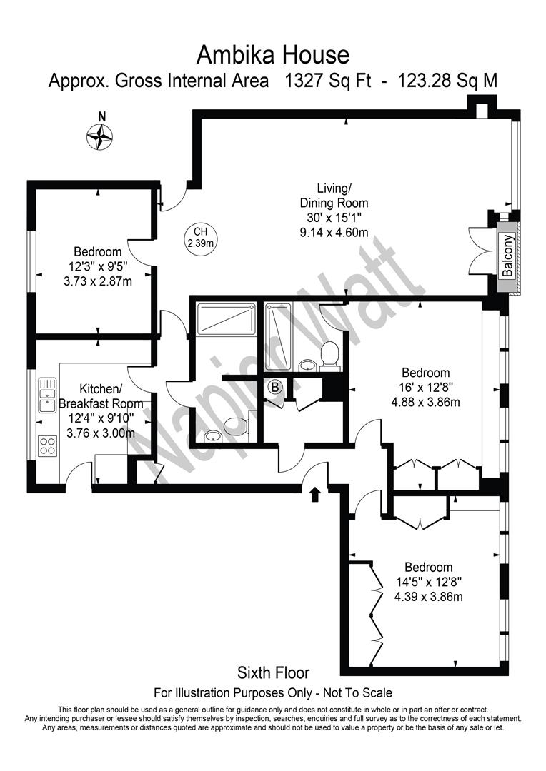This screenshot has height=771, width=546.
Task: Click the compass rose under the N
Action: click(x=100, y=136)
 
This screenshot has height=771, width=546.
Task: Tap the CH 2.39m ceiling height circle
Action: click(x=200, y=237)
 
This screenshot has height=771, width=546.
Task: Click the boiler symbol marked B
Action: click(x=275, y=388)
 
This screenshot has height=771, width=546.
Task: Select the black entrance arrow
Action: click(x=316, y=494)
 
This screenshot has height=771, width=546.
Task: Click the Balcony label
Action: click(x=507, y=255)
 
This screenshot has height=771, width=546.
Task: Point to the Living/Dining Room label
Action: click(x=334, y=195)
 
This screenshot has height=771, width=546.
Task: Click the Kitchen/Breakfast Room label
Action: click(x=101, y=396)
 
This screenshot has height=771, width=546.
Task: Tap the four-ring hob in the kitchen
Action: click(x=48, y=445)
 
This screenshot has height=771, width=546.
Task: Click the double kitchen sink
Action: click(x=48, y=395)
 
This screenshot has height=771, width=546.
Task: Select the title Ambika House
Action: click(x=273, y=54)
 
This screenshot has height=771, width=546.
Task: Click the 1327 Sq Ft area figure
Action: click(x=329, y=80)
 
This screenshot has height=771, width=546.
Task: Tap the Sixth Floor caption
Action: click(x=273, y=672)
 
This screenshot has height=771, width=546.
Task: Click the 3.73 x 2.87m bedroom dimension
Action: click(x=98, y=282)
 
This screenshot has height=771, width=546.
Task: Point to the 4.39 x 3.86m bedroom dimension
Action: click(x=428, y=597)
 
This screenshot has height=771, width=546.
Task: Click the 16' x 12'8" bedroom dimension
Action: click(x=426, y=388)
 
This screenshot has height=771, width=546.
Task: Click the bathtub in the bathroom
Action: click(x=277, y=337)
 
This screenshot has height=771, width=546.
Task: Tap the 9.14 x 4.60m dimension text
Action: click(x=334, y=233)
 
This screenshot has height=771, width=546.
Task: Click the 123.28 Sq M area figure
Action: click(x=447, y=80)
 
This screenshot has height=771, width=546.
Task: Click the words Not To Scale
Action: click(x=357, y=692)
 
